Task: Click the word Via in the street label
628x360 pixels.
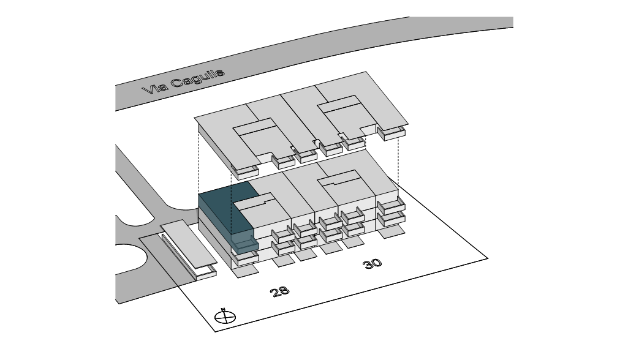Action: pos(153,89)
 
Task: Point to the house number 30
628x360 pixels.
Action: pos(372,263)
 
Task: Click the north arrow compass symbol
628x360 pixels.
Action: pos(225,317)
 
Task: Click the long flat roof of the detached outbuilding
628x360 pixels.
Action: pos(186,245)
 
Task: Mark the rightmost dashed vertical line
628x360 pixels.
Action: pos(399,159)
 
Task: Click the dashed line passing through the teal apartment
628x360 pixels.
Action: pos(230,202)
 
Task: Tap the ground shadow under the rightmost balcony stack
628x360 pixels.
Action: pos(390,233)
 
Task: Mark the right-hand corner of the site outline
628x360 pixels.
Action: pos(488,258)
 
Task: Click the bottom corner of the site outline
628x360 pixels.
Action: pos(215,331)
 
